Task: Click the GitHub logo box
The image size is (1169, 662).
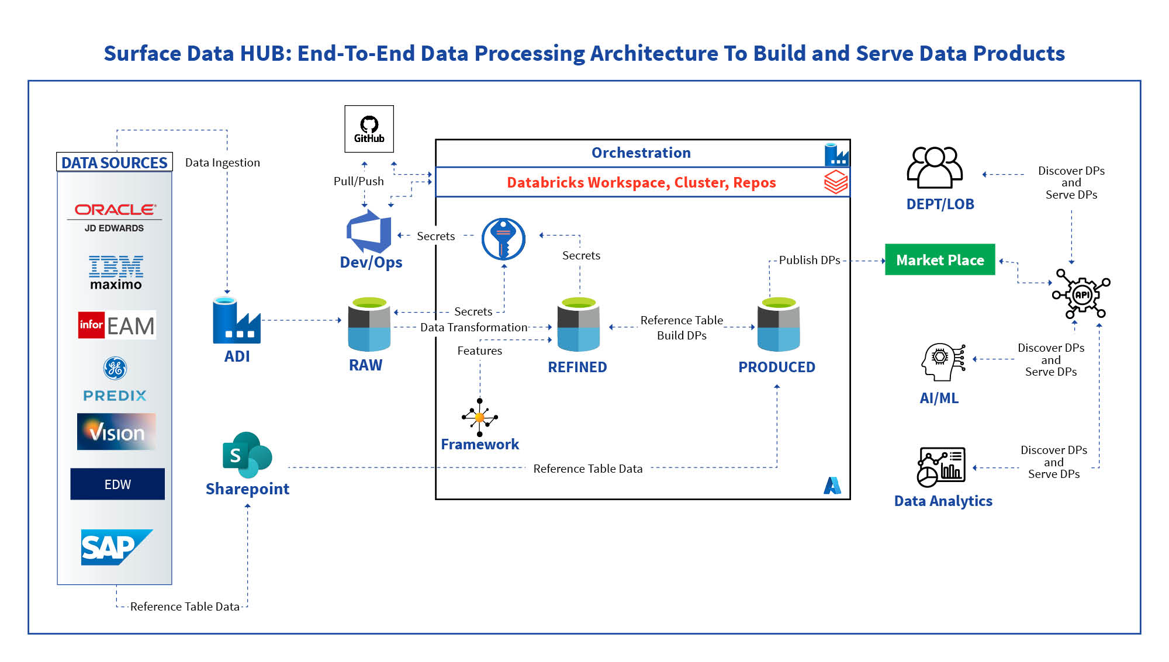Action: (369, 129)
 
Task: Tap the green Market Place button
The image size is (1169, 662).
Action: (939, 260)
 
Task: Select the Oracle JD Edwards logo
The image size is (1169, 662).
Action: (115, 217)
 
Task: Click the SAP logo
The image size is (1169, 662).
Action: (116, 547)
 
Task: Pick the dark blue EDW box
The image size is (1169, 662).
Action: (117, 484)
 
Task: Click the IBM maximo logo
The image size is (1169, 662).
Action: (116, 272)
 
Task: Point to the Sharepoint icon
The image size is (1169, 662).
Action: (247, 455)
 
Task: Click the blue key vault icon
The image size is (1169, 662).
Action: (503, 239)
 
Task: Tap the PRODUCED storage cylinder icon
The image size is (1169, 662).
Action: (778, 324)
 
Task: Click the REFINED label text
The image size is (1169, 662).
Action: (577, 367)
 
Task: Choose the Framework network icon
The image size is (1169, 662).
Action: (479, 417)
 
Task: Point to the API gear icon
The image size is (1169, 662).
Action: (1081, 294)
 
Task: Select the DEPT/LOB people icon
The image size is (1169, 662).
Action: (935, 167)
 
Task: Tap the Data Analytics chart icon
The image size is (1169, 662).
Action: (940, 467)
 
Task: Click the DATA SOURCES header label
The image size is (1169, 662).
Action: (115, 162)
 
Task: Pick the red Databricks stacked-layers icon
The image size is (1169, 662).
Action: (835, 182)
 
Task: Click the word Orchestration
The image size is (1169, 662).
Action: (641, 153)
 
